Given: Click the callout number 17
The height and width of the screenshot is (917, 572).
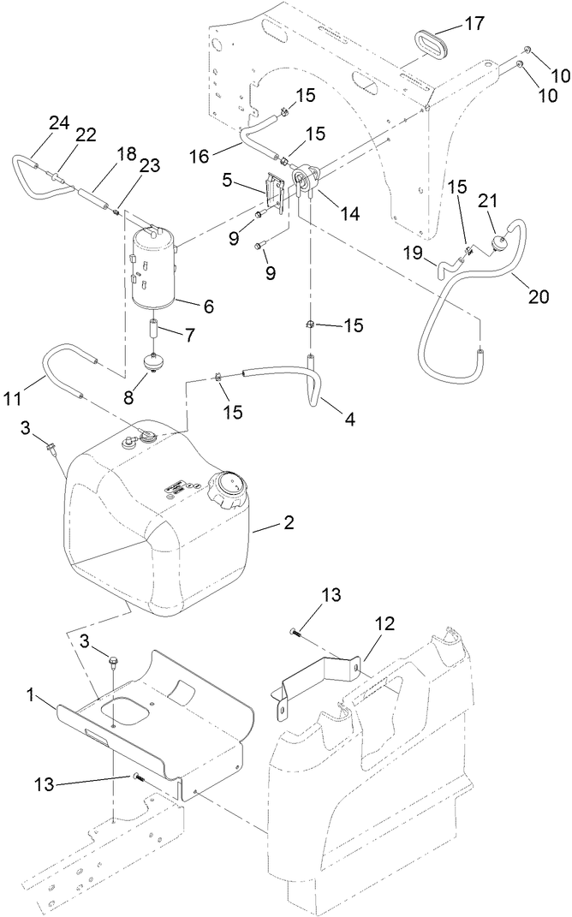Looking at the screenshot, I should click(x=474, y=25).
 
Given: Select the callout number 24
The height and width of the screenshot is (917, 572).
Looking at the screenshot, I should click(x=58, y=122).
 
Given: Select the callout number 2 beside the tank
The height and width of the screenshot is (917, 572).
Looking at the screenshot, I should click(x=289, y=522).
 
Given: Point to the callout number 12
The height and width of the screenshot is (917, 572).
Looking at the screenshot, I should click(x=384, y=622).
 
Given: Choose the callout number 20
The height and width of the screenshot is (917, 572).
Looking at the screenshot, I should click(x=539, y=297).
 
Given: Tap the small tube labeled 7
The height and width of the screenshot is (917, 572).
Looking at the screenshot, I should click(x=155, y=328).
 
